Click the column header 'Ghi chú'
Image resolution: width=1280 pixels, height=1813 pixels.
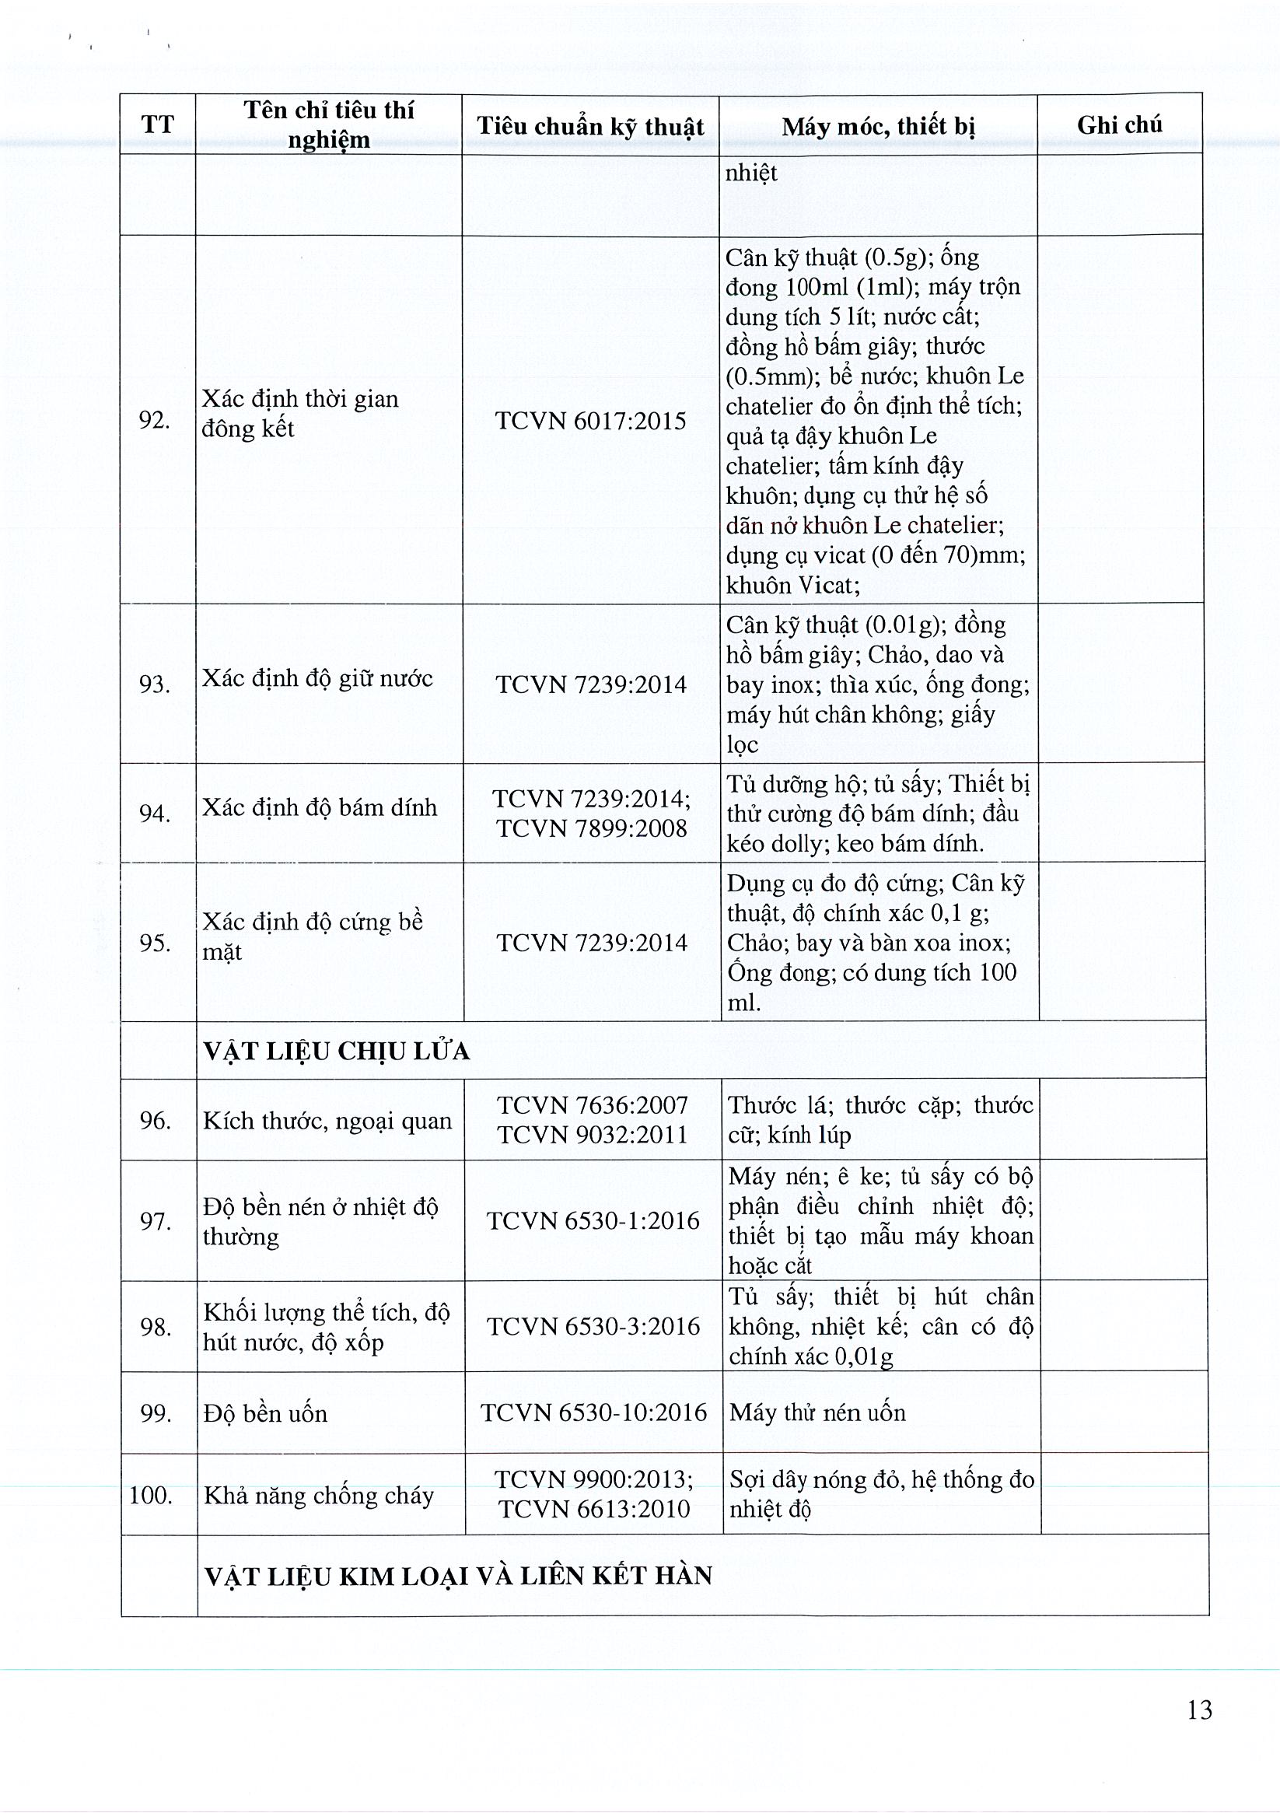[x=1119, y=124]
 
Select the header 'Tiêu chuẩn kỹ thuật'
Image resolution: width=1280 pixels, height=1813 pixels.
[x=590, y=126]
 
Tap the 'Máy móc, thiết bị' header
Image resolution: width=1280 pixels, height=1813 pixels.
[x=878, y=126]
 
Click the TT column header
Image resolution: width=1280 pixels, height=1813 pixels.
[x=157, y=124]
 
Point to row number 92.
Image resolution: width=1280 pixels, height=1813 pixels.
[x=155, y=420]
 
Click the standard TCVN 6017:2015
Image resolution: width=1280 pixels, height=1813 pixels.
[x=590, y=420]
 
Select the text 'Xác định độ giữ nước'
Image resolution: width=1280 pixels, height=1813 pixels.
[x=317, y=678]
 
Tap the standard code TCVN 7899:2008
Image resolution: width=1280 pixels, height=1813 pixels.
[x=592, y=828]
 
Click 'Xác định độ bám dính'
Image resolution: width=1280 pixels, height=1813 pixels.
[x=320, y=807]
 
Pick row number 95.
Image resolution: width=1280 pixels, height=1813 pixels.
[x=156, y=943]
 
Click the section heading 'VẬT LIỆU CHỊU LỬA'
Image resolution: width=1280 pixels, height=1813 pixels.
[x=337, y=1051]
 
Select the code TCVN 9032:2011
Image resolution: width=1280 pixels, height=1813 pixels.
[x=593, y=1135]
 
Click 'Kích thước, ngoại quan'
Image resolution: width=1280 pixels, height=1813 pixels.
[x=327, y=1121]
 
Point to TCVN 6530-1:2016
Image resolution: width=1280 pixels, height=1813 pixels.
[x=593, y=1221]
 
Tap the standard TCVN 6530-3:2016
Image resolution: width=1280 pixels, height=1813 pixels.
[x=593, y=1326]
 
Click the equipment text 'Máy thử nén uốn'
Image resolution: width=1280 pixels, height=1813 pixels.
[x=817, y=1412]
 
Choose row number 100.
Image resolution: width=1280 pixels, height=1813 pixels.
[x=151, y=1495]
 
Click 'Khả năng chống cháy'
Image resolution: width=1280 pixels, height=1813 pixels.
[x=319, y=1496]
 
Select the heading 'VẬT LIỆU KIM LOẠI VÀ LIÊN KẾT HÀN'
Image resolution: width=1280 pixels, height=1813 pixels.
[x=458, y=1575]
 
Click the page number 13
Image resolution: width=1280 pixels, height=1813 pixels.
[x=1198, y=1710]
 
